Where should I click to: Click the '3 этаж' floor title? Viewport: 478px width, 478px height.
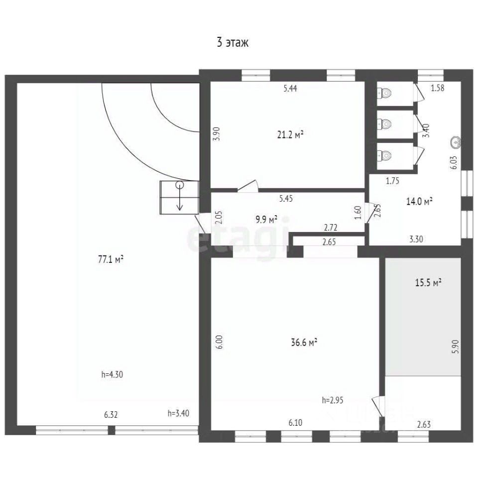(233, 42)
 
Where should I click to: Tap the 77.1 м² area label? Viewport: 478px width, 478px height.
(111, 259)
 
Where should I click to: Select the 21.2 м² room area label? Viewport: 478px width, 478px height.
(290, 134)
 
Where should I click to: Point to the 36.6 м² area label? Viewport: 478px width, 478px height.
(304, 343)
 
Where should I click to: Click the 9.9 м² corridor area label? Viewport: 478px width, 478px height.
(266, 219)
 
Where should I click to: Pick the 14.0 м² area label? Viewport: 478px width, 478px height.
(419, 201)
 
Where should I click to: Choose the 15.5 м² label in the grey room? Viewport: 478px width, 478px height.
(428, 283)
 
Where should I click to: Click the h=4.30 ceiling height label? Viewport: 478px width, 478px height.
(112, 374)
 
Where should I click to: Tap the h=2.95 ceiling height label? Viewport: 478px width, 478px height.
(332, 400)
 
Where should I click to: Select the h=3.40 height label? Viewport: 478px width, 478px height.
(178, 413)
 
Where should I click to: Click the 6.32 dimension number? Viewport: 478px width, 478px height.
(111, 415)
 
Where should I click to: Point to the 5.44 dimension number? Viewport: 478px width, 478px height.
(290, 89)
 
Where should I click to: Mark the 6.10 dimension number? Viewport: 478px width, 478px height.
(295, 423)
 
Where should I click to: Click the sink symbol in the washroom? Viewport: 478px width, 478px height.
(456, 142)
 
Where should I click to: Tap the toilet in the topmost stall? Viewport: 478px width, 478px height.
(384, 93)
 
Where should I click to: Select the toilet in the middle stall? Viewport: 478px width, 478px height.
(384, 124)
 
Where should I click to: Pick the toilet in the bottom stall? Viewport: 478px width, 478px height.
(384, 155)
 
